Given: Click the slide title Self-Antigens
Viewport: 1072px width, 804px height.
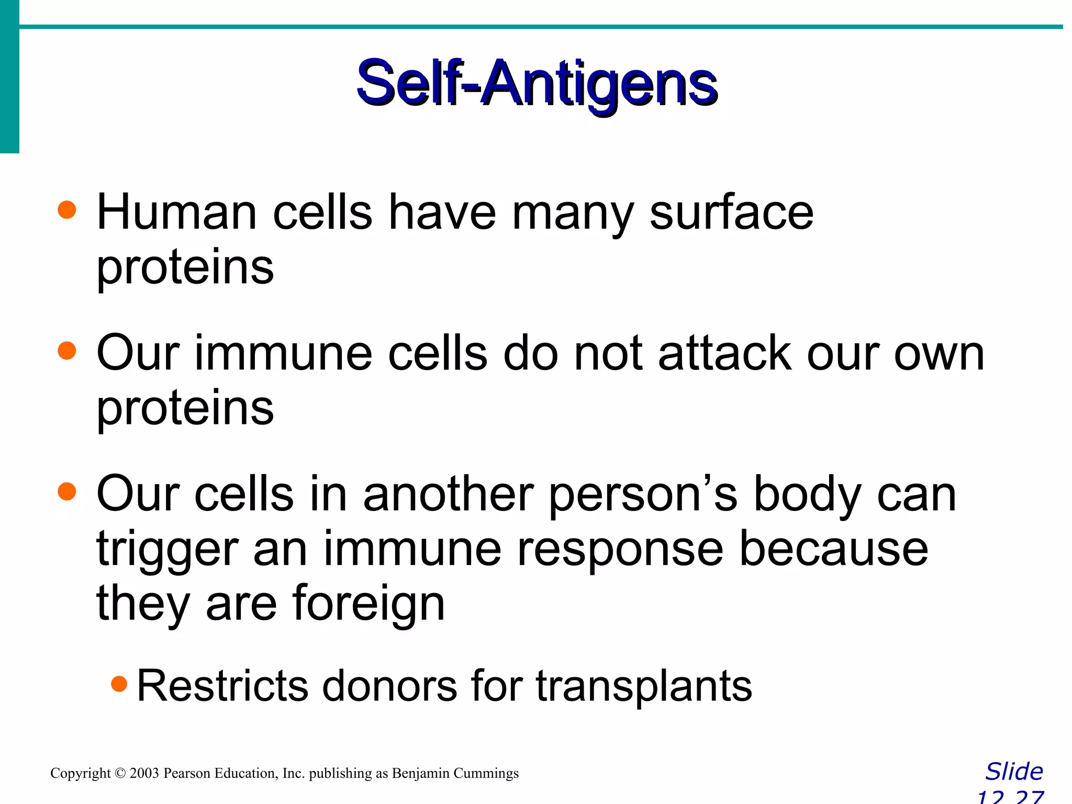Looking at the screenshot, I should (x=537, y=84).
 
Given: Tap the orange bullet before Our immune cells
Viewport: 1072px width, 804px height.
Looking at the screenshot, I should (x=67, y=351).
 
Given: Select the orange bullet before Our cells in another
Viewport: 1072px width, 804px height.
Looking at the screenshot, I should (x=67, y=492).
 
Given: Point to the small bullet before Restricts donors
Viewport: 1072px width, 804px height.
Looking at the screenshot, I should (x=119, y=684).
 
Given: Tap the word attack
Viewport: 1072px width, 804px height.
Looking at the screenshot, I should (x=724, y=353).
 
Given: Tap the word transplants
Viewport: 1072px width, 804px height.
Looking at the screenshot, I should (x=644, y=686).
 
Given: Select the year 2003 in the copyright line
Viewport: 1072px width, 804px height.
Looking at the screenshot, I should (x=144, y=773).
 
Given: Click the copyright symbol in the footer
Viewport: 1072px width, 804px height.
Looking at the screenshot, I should (x=120, y=773).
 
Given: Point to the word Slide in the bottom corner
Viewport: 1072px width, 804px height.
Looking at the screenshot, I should (x=1014, y=772).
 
